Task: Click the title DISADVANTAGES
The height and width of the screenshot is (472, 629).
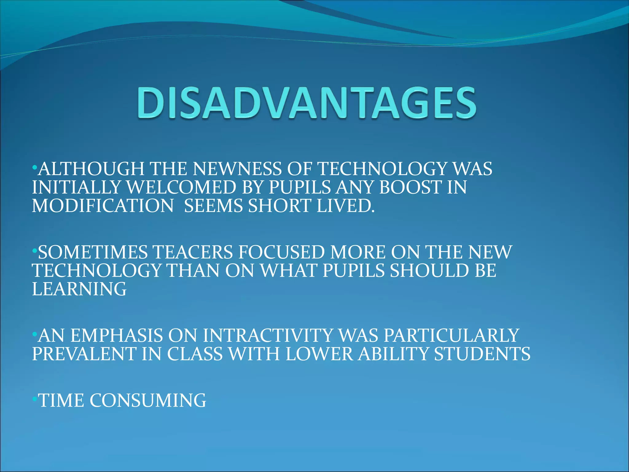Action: coord(307,103)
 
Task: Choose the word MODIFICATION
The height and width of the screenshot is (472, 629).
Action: coord(103,206)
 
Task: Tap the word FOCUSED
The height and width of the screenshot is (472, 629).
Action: coord(281,252)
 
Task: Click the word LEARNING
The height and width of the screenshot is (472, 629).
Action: coord(79,289)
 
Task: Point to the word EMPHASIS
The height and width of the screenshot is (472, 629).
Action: coord(117,336)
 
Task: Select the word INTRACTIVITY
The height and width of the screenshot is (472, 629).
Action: coord(268,336)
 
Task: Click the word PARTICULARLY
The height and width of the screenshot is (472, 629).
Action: coord(451,336)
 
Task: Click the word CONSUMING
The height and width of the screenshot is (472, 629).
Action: coord(148,401)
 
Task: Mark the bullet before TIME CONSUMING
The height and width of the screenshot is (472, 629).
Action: coord(35,399)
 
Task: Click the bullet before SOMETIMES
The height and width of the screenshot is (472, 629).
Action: coord(35,251)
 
